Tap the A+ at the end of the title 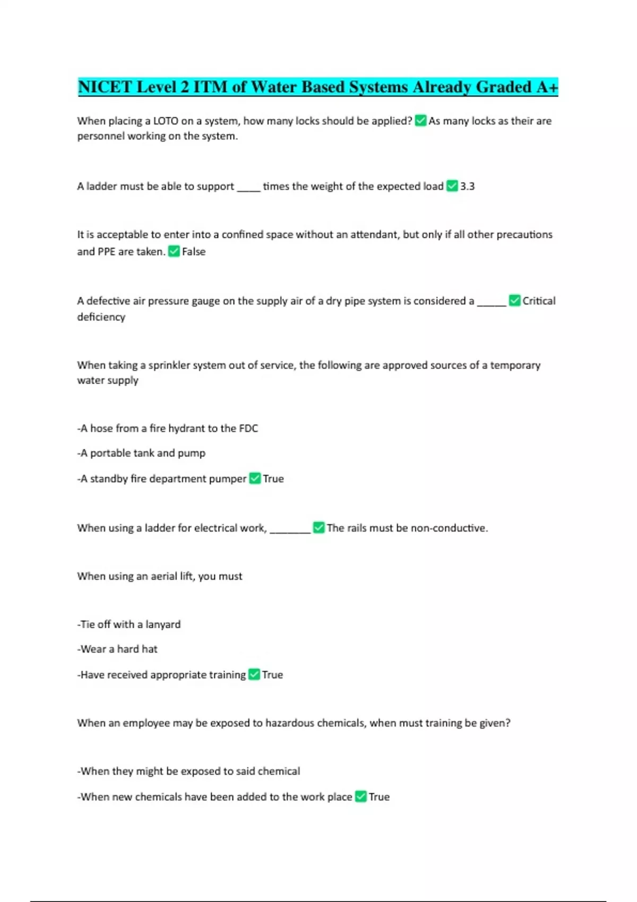point(547,87)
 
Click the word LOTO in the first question point(166,121)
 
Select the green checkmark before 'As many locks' point(420,121)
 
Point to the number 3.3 point(467,186)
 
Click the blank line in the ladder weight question point(248,188)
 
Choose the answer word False point(194,251)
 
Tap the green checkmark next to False point(174,251)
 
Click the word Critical point(539,301)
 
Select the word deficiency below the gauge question point(101,317)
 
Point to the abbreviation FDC point(248,428)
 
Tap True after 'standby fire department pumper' point(273,479)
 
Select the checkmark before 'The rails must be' point(318,528)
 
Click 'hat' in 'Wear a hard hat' point(150,649)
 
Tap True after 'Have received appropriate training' point(272,675)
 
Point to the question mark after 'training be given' point(507,723)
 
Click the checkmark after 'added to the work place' point(361,797)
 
